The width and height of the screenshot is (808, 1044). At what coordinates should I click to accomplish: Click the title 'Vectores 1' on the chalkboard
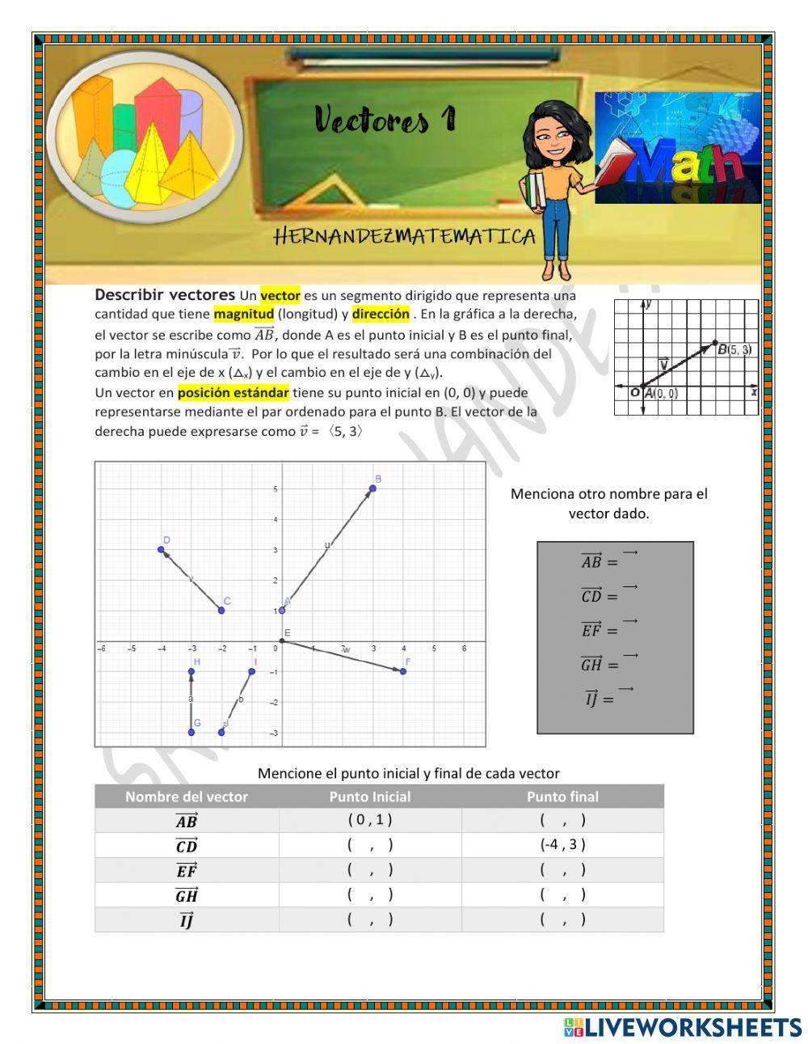385,120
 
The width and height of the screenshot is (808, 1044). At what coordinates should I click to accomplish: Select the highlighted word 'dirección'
381,315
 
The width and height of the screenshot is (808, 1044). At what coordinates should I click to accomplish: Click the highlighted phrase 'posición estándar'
234,392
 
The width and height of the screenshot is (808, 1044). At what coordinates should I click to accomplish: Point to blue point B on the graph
372,488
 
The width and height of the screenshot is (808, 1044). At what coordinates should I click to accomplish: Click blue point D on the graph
161,550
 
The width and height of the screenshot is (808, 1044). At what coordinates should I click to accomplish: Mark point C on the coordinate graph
221,610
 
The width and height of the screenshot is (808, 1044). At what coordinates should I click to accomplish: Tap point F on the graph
403,671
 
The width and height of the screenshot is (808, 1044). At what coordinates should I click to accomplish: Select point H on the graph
191,671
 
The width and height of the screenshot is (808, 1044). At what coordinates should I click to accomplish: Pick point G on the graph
191,732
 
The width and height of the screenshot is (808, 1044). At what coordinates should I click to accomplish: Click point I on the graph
252,671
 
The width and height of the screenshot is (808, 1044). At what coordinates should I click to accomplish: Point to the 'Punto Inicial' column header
370,797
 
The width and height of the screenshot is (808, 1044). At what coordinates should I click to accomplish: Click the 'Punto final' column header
562,797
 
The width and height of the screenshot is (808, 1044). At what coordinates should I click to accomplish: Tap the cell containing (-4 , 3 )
562,844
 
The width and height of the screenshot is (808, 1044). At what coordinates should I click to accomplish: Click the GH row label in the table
187,895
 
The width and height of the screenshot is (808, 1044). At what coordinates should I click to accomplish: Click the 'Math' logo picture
678,147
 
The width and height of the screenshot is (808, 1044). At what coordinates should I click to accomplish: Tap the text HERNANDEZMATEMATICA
405,236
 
